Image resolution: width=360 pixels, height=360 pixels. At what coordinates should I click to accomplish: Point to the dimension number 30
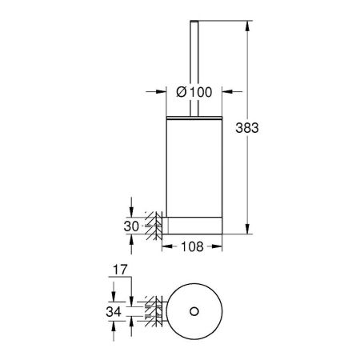click(x=132, y=226)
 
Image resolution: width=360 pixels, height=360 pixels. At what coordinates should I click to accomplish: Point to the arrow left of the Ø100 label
click(x=159, y=92)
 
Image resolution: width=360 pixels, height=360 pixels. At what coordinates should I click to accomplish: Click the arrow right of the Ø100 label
click(x=227, y=92)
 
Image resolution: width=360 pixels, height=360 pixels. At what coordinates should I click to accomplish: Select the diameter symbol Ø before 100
click(x=181, y=92)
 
